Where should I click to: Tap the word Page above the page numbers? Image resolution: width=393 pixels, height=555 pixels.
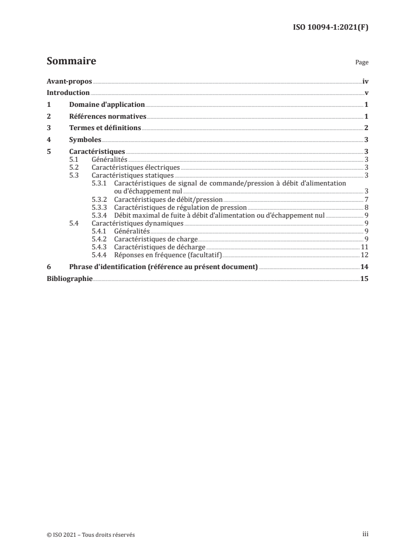tap(362, 63)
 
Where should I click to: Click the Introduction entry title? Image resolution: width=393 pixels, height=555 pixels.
tap(68, 93)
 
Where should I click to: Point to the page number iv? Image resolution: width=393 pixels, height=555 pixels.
tap(365, 82)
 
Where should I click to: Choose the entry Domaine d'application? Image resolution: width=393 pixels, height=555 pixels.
tap(107, 105)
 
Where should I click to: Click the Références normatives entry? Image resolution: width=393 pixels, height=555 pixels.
tap(108, 117)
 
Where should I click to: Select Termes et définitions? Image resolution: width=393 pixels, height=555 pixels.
tap(105, 128)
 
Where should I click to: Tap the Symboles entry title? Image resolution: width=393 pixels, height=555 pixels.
tap(85, 140)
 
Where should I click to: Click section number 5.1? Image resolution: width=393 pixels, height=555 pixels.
tap(74, 160)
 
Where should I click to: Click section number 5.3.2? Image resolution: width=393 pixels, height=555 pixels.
tap(100, 199)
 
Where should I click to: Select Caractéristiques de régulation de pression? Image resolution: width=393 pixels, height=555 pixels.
tap(180, 207)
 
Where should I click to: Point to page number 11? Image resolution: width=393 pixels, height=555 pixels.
tap(364, 247)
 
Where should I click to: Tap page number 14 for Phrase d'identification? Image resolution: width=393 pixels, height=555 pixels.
tap(365, 267)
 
